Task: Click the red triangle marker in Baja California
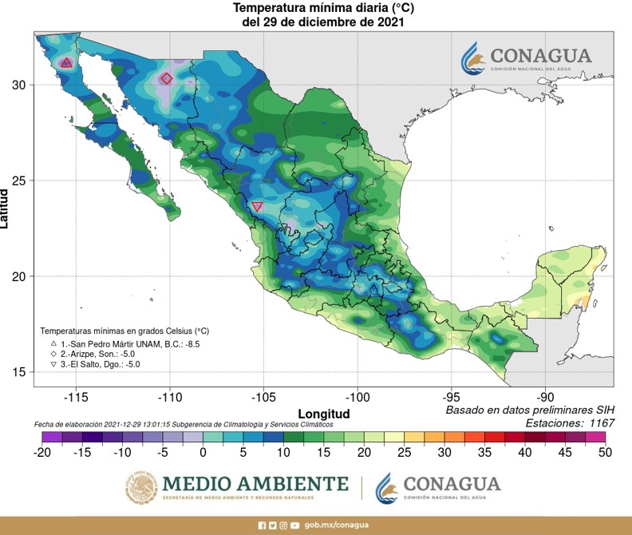tap(66, 62)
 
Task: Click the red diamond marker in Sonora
tap(166, 78)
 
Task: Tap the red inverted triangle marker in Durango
tap(257, 207)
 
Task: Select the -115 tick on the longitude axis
tap(76, 396)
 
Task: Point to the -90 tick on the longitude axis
tap(545, 396)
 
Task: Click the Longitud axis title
tap(324, 413)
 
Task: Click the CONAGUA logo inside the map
tap(527, 57)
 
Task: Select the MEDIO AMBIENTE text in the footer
tap(255, 484)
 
